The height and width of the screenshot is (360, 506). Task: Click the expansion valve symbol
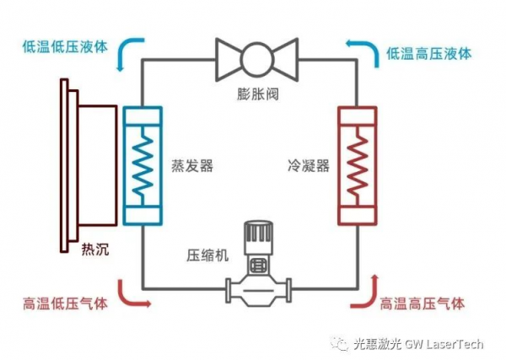coord(257,57)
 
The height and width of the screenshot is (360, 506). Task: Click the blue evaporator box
coord(143,165)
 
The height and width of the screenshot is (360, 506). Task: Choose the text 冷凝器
coord(305,167)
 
